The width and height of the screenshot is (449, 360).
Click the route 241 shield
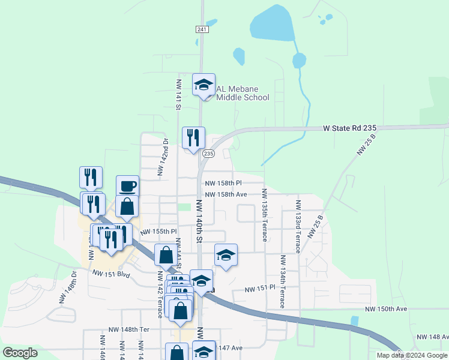(x=201, y=29)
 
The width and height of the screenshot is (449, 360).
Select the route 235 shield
(x=208, y=154)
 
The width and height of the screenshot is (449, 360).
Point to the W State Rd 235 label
(x=349, y=128)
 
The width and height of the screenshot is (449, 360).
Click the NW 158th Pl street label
(x=223, y=183)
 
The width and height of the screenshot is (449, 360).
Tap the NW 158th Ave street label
(x=226, y=194)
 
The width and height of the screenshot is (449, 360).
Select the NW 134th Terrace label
(x=282, y=281)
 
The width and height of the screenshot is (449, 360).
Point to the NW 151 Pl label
(x=259, y=289)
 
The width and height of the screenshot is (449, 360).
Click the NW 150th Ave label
(x=386, y=308)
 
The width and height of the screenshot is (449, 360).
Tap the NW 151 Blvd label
(x=111, y=274)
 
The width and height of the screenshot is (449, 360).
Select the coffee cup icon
(x=127, y=186)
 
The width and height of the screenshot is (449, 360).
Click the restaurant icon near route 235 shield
(x=193, y=138)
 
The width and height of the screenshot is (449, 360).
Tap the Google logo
(x=20, y=353)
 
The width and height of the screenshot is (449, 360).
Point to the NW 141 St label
(x=178, y=94)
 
